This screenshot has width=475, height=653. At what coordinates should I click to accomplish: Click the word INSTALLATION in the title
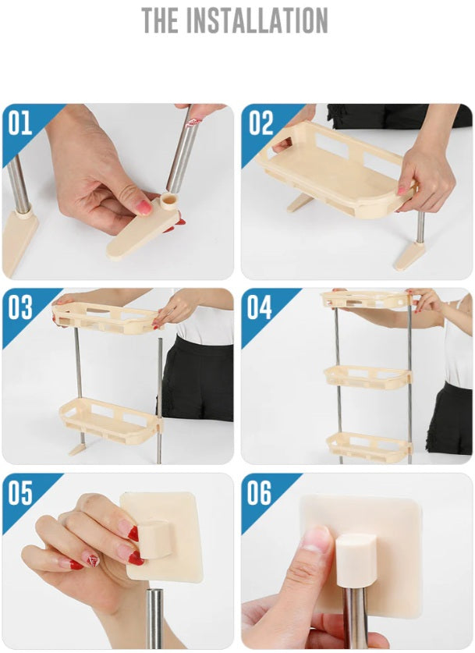coord(257,20)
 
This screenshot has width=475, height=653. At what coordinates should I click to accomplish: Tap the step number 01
coord(20,122)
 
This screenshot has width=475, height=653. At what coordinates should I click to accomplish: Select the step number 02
coord(261,122)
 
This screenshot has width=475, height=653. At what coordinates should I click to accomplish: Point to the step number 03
coord(20,307)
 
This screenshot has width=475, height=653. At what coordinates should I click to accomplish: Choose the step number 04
coord(260,307)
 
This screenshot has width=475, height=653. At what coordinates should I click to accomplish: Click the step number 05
coord(20,492)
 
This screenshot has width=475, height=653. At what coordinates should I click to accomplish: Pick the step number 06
coord(260,492)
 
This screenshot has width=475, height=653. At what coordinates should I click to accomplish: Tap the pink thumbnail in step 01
coord(144,207)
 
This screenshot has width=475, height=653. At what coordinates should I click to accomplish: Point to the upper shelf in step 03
coord(106,318)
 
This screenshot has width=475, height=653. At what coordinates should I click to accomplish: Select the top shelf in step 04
coord(366,300)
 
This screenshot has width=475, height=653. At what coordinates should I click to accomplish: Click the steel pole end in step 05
coord(155,617)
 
